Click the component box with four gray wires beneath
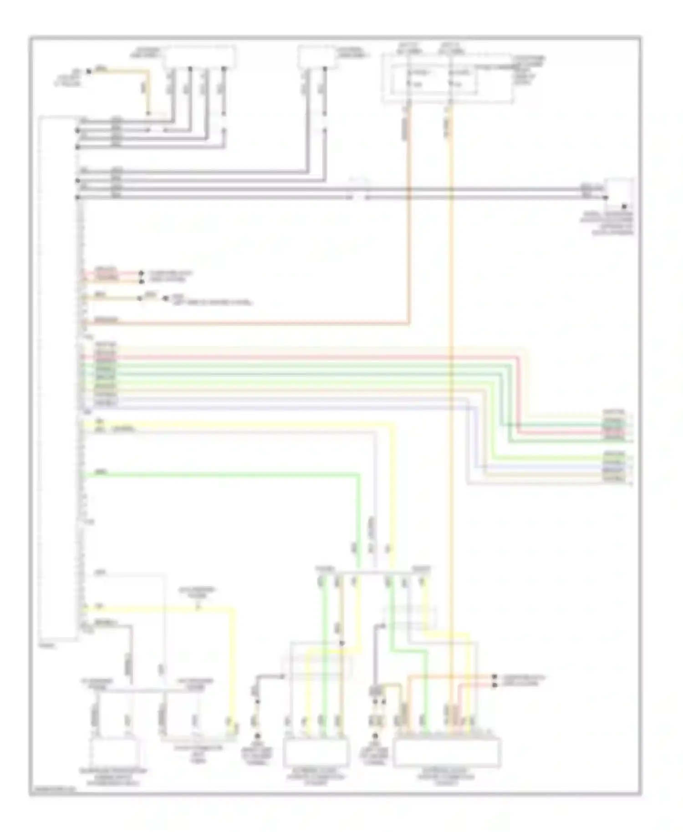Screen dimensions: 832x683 point(200,57)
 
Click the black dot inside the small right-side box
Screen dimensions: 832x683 point(625,206)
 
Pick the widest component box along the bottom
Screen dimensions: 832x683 point(447,753)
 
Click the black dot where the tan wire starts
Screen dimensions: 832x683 point(89,71)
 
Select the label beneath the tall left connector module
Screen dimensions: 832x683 point(46,645)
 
